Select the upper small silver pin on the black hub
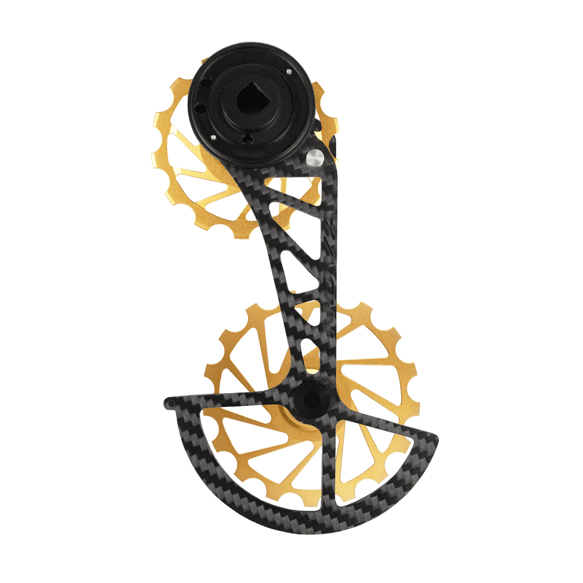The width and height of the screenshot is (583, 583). point(288,72)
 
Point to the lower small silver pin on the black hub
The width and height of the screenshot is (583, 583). point(213,138)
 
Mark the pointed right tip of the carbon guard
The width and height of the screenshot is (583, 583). point(436,437)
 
